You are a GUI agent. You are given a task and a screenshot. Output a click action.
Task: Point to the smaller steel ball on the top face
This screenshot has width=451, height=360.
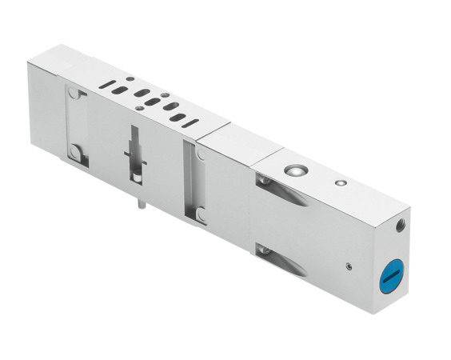(341, 183)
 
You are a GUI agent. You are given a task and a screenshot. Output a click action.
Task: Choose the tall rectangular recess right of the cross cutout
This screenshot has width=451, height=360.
(190, 181)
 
